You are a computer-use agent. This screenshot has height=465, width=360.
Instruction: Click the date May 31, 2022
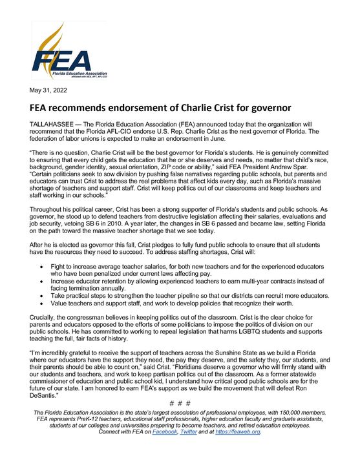coord(47,90)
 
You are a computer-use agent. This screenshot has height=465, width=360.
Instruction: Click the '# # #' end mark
coord(180,404)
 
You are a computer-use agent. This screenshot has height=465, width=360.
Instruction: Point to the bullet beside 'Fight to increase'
coord(41,266)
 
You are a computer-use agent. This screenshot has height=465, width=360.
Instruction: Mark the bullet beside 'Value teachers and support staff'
coord(41,303)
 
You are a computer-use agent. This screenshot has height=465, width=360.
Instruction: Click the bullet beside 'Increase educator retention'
coord(41,281)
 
